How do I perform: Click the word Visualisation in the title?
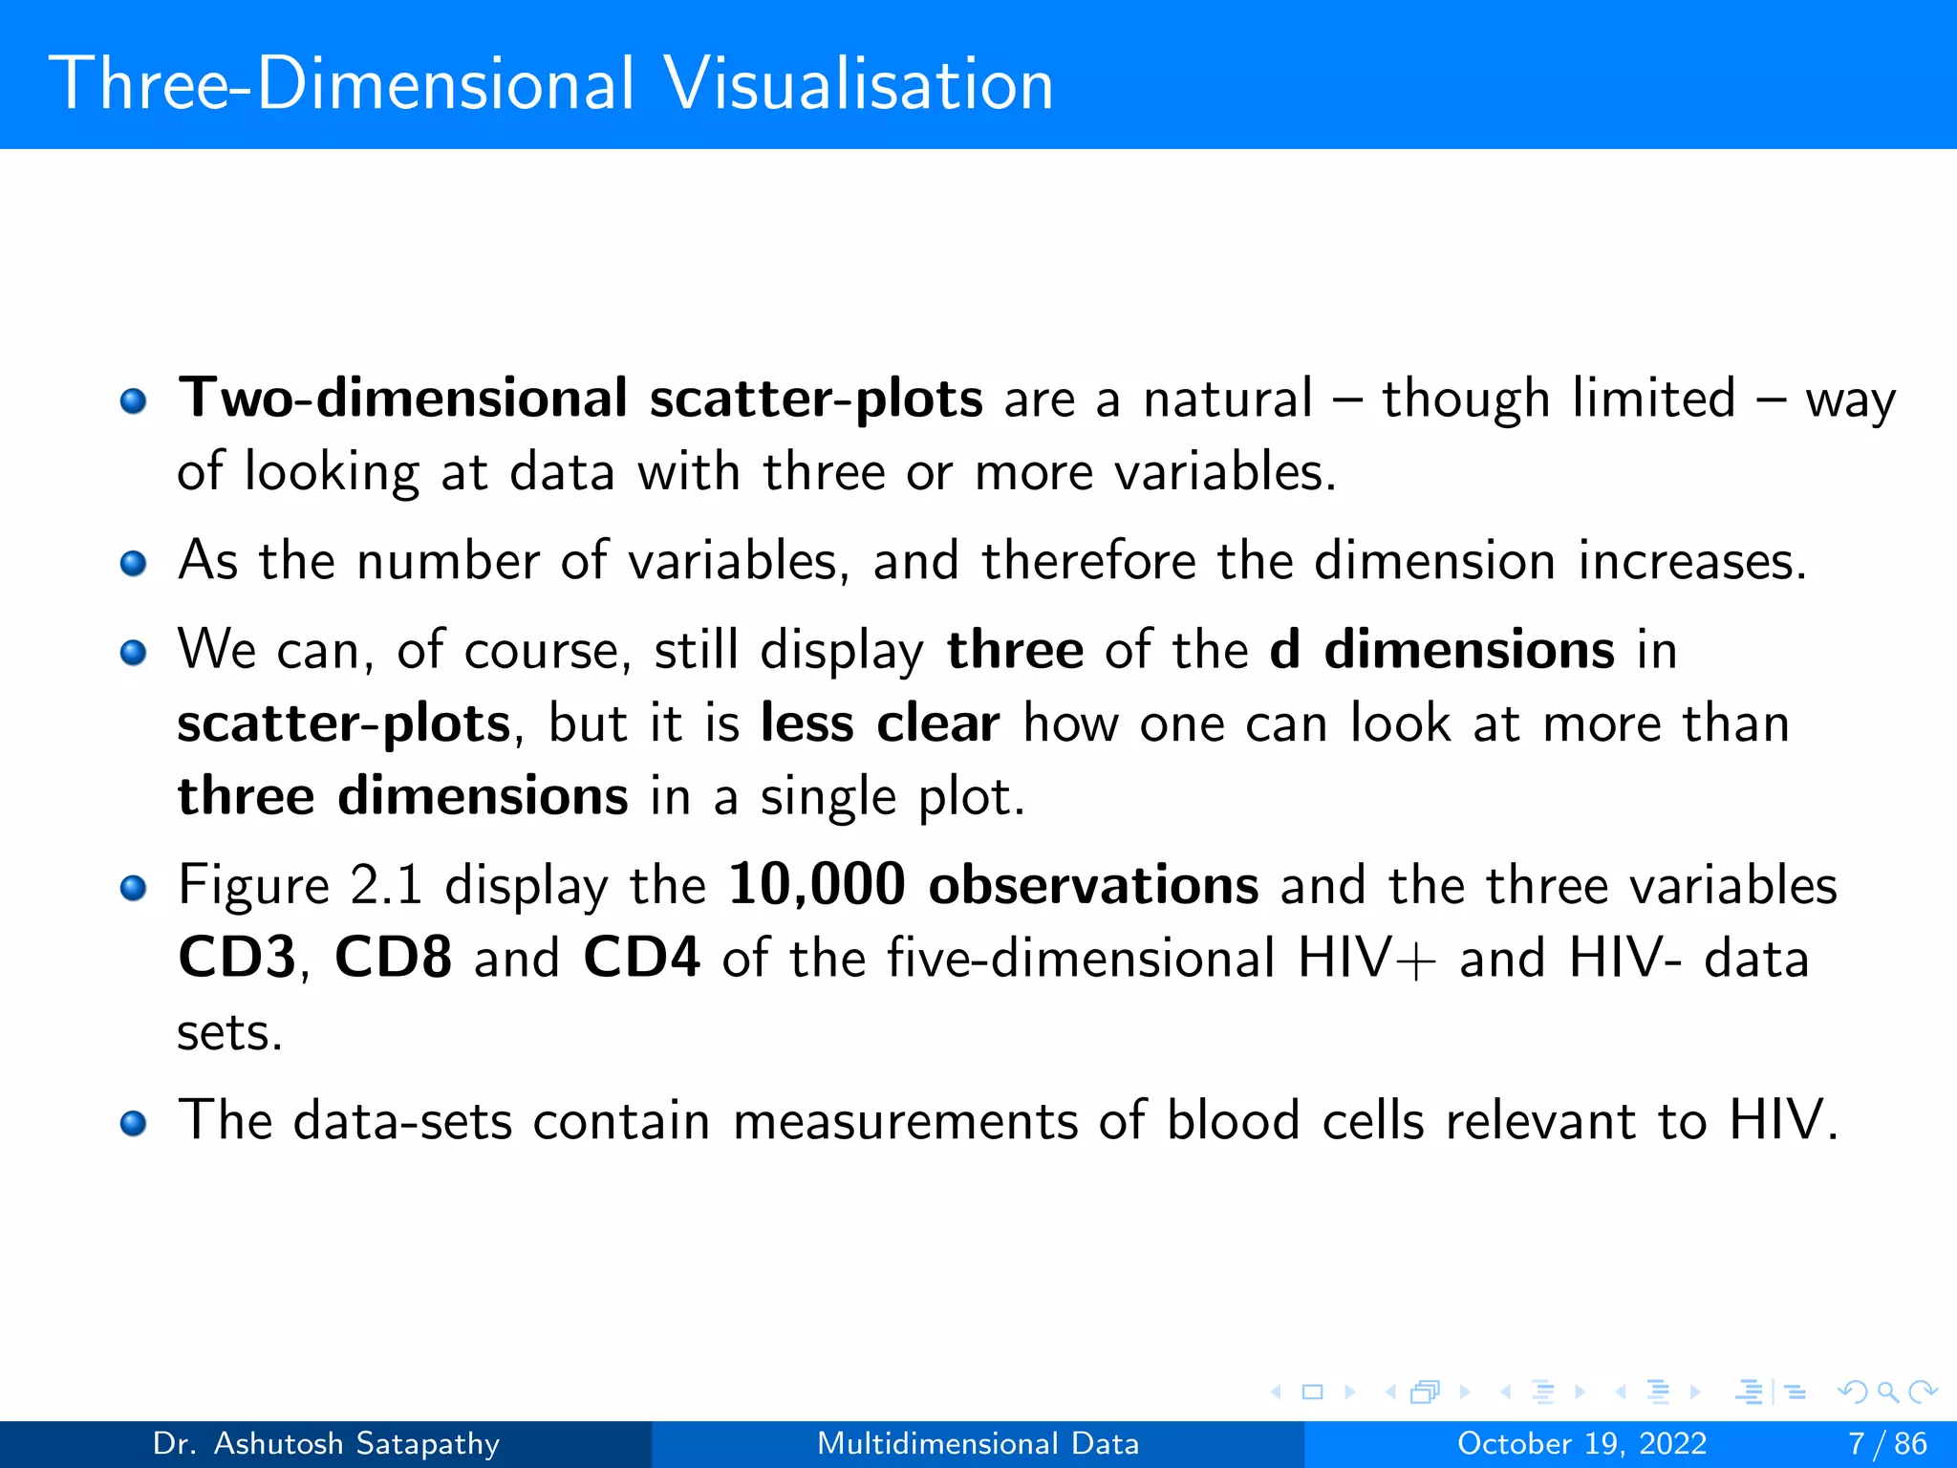pos(857,84)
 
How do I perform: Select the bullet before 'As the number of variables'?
pos(134,563)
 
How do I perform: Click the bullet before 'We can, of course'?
pos(134,653)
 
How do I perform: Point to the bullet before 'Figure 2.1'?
pos(134,888)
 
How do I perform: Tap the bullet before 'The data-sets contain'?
pos(134,1123)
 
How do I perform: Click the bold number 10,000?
pos(816,885)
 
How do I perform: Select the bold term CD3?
pos(237,958)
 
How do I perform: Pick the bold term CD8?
pos(393,958)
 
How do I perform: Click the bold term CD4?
pos(641,958)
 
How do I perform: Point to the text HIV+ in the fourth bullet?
pos(1366,958)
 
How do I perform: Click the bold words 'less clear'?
pos(880,723)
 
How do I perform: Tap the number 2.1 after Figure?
pos(386,885)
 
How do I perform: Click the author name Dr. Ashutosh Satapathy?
pos(326,1443)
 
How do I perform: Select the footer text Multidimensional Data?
pos(978,1443)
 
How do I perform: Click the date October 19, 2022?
pos(1581,1443)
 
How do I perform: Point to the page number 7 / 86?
pos(1887,1443)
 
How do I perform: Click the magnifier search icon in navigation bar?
pos(1887,1392)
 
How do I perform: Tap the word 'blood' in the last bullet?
pos(1233,1120)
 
